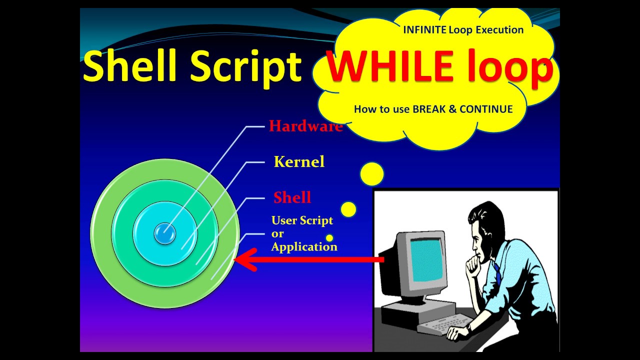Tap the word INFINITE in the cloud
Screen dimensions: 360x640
(424, 30)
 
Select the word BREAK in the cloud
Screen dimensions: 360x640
(433, 109)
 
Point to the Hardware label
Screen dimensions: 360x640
(305, 126)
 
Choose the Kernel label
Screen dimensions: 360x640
(299, 161)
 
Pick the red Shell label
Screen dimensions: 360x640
(292, 197)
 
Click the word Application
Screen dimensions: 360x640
(304, 246)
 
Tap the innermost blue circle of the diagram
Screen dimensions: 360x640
(164, 233)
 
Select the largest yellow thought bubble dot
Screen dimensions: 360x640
(371, 174)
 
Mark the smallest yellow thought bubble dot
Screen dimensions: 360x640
(329, 238)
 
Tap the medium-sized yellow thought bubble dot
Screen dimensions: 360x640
(348, 209)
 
